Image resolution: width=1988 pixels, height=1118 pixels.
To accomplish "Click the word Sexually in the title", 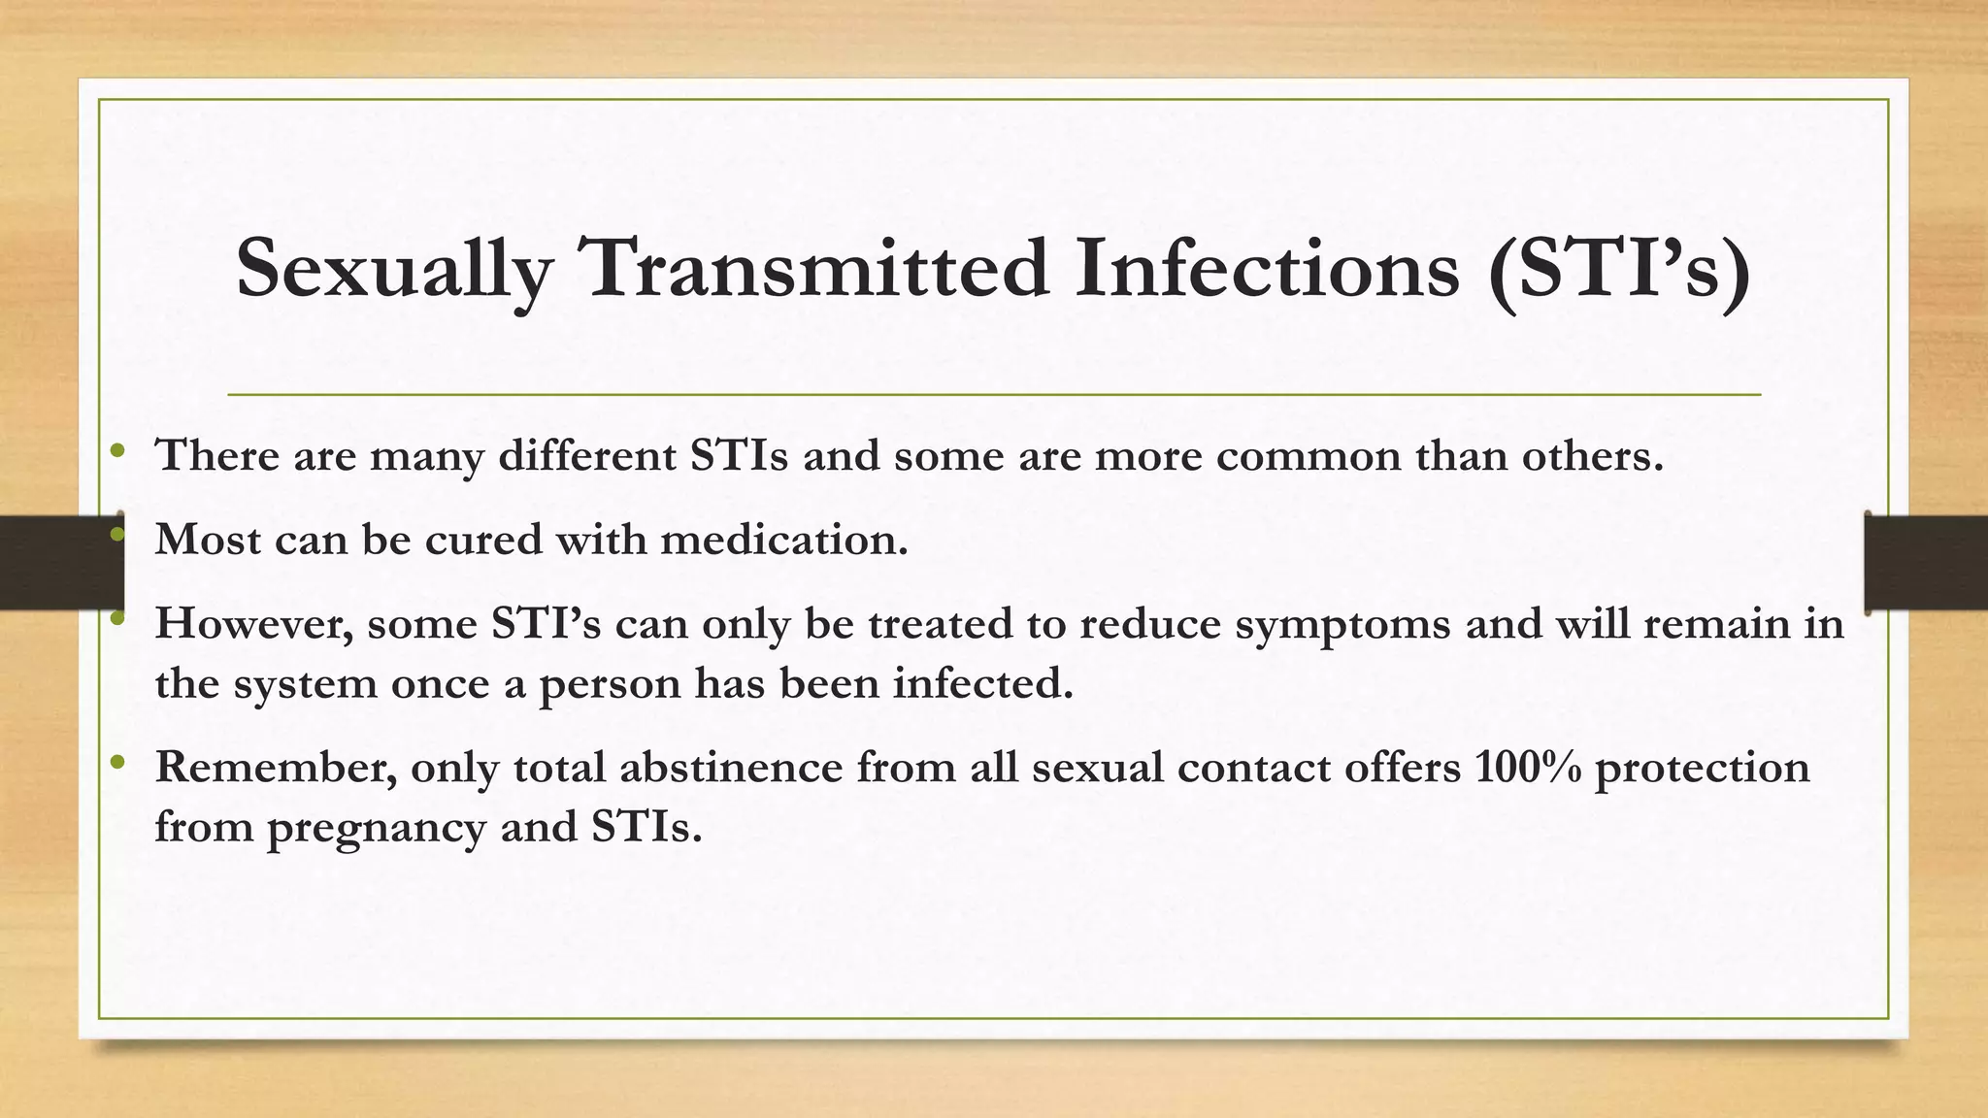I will coord(393,270).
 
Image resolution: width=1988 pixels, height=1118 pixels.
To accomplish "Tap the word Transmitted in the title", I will coord(812,268).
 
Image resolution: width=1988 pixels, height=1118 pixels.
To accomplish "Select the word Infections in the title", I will coord(1267,268).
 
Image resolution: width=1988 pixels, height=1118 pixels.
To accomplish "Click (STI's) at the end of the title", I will coord(1619,270).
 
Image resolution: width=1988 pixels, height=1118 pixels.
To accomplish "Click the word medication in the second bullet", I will coord(783,540).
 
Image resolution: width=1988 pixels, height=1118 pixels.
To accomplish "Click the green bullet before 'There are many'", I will coord(118,450).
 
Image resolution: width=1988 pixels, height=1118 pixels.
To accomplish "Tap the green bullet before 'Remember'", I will coord(118,762).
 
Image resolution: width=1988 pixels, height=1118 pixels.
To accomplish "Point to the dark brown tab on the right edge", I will coord(1926,563).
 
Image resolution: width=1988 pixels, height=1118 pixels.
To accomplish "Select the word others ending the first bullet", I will coord(1591,456).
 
